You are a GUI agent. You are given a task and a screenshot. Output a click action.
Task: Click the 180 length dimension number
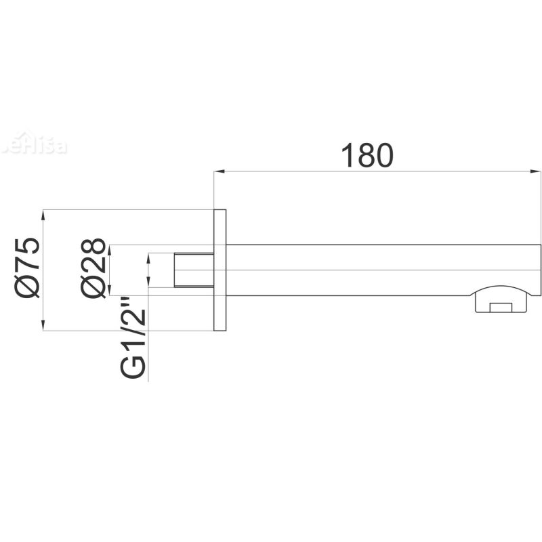[x=367, y=156]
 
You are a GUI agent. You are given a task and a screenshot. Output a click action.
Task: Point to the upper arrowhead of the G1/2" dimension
[x=149, y=258]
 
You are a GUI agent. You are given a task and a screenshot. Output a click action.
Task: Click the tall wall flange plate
[x=220, y=270]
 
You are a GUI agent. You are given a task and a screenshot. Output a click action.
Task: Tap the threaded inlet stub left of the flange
[x=194, y=270]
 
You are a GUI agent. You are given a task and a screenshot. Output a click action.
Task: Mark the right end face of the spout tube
[x=541, y=270]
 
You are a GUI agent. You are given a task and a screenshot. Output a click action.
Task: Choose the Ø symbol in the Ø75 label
[x=28, y=287]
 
